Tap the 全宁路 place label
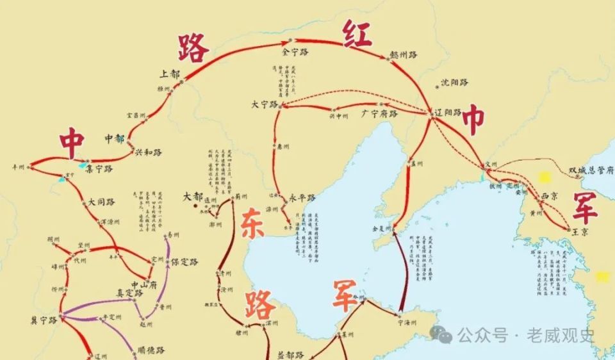tap(295, 51)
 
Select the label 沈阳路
tap(455, 83)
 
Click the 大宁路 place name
tap(265, 104)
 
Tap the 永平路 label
tap(302, 198)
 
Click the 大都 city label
tap(192, 196)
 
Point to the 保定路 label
tap(184, 262)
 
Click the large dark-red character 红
tap(356, 33)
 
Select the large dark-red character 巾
tap(474, 120)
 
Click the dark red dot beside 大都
tap(196, 206)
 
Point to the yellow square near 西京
tap(545, 176)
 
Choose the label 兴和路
tap(148, 152)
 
